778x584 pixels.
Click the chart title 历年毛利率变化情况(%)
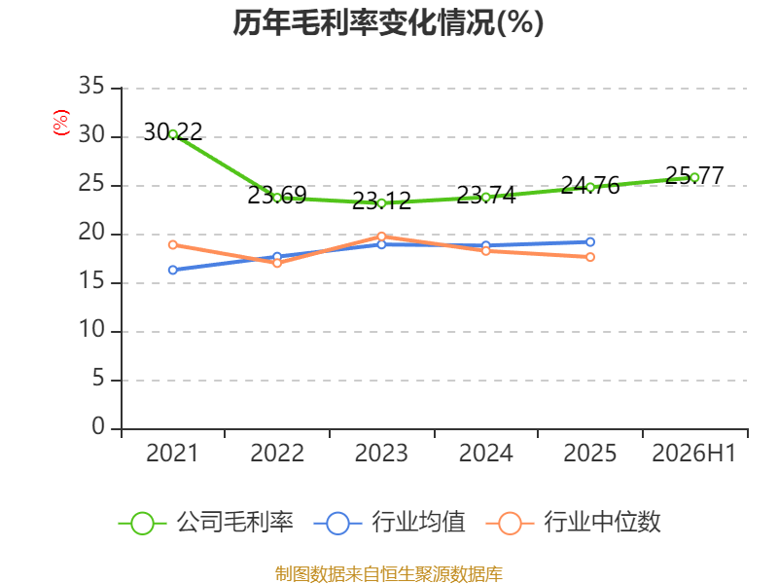(x=388, y=22)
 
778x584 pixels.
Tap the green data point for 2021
(x=173, y=134)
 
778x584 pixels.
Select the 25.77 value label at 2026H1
(x=694, y=175)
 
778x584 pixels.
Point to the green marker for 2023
(x=381, y=203)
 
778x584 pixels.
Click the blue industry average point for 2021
(x=173, y=271)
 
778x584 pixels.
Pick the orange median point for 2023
(x=381, y=237)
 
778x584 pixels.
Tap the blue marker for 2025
(x=590, y=241)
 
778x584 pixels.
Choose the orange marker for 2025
(x=590, y=257)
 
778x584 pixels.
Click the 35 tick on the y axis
(x=91, y=87)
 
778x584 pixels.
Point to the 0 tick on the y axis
(x=98, y=426)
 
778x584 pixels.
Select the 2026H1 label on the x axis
(x=693, y=454)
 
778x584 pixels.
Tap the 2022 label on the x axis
(x=277, y=454)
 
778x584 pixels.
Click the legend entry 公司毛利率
(x=206, y=523)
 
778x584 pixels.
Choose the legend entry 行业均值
(x=390, y=523)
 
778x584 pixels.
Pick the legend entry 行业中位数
(x=573, y=523)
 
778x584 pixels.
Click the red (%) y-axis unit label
(x=61, y=123)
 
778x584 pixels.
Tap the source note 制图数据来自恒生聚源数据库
(x=389, y=574)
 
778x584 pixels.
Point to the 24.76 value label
(x=590, y=186)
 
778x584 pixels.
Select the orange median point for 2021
(x=173, y=245)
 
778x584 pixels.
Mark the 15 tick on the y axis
(x=91, y=281)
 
